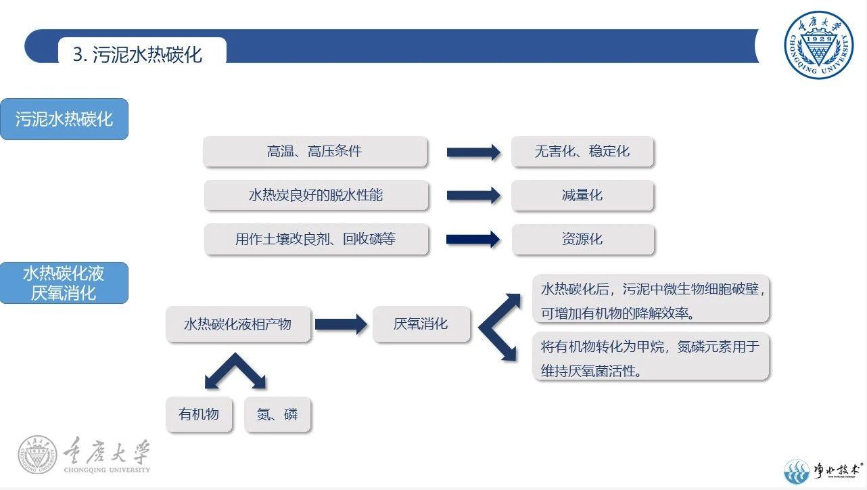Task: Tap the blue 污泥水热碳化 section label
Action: [x=64, y=120]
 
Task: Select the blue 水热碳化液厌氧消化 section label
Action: [x=64, y=283]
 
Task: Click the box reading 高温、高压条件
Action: [x=315, y=152]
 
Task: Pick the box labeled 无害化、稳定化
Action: [x=582, y=152]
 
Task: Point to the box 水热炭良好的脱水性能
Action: [x=316, y=196]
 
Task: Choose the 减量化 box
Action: [x=582, y=196]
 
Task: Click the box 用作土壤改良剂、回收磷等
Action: [x=316, y=240]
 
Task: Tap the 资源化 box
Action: [x=582, y=240]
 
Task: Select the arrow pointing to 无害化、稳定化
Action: [x=473, y=152]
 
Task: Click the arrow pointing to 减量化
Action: [x=473, y=196]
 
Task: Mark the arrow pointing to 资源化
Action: [x=473, y=239]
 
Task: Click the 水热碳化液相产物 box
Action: [x=238, y=324]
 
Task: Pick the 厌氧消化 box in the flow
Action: [x=421, y=324]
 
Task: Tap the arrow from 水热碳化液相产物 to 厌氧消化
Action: [x=341, y=324]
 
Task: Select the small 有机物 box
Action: [x=199, y=414]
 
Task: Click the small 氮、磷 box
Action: [x=277, y=414]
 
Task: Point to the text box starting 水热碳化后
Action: [x=651, y=299]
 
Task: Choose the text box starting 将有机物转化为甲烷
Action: [x=651, y=357]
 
